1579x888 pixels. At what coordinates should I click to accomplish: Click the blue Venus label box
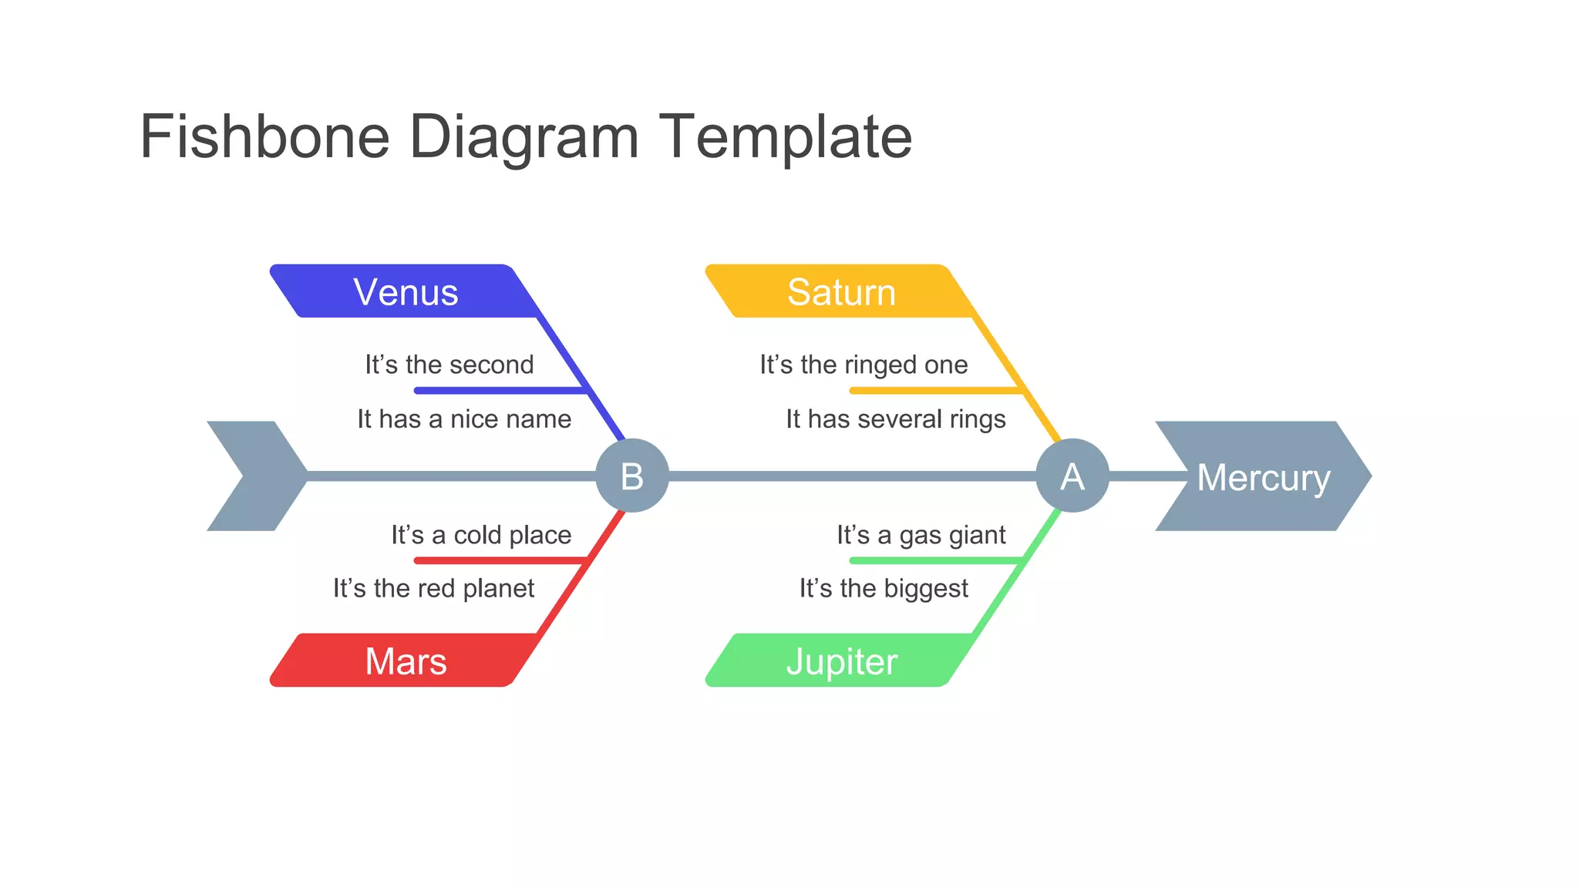point(406,292)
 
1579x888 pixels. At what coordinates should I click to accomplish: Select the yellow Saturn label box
point(840,292)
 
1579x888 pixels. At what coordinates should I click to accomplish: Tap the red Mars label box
point(406,661)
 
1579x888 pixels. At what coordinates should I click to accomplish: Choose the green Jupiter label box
point(840,661)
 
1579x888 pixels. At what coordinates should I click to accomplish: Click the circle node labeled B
point(632,476)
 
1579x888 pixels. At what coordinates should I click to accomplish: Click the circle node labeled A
point(1072,476)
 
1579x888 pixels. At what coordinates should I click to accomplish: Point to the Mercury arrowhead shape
point(1263,476)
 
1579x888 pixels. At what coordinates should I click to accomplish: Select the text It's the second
point(449,364)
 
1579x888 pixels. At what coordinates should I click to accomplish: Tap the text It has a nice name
point(464,419)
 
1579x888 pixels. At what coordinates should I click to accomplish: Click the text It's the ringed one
point(864,364)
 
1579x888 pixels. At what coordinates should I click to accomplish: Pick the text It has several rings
point(896,419)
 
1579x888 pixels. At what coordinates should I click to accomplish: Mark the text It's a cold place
point(481,534)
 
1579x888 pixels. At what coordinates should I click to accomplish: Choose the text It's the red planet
point(433,588)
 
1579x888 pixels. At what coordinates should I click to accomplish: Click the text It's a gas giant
point(921,534)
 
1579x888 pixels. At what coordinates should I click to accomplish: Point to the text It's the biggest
point(884,588)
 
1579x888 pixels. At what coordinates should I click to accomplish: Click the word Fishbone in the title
point(264,136)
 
